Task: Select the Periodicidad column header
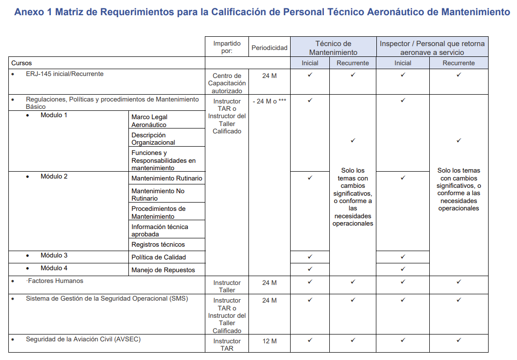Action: pos(269,48)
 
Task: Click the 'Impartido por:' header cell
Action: pos(226,47)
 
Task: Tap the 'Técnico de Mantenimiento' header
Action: pos(333,48)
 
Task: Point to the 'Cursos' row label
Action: pos(22,63)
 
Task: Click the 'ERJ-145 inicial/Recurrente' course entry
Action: pos(65,74)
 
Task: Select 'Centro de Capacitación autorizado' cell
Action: pos(226,83)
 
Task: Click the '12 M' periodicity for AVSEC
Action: pos(269,341)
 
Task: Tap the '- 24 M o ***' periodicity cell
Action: pos(269,101)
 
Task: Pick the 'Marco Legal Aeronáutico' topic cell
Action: pos(149,121)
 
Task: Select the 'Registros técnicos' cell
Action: pos(158,244)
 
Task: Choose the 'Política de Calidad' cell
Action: pos(158,257)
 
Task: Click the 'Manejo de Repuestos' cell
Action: pos(163,270)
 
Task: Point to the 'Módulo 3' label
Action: pos(54,256)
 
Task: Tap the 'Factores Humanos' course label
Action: pos(55,281)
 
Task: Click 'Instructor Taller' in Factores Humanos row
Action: pos(226,286)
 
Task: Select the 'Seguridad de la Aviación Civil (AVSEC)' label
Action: pos(83,339)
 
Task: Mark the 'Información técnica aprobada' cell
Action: pos(159,230)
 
